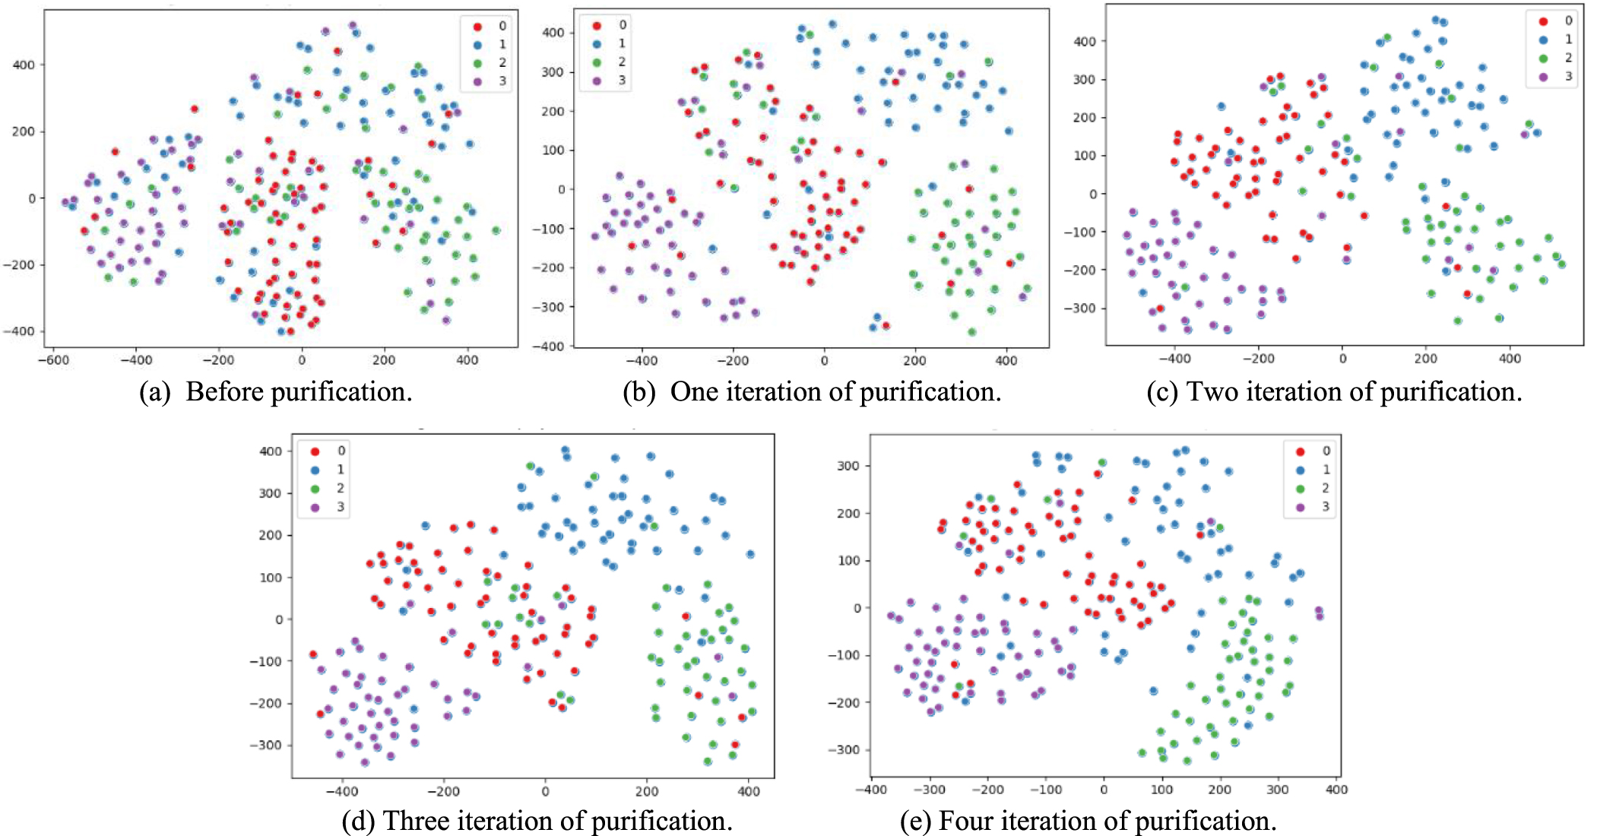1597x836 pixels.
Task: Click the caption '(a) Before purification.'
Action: click(x=276, y=392)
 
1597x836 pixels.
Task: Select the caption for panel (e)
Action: click(x=1088, y=822)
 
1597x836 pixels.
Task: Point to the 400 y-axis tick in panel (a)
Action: click(x=24, y=65)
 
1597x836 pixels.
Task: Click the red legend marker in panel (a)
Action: click(x=477, y=27)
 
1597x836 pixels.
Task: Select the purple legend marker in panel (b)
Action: click(x=597, y=81)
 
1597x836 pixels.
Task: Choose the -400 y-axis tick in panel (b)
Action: click(x=551, y=347)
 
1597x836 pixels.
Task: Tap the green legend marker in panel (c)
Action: click(x=1543, y=59)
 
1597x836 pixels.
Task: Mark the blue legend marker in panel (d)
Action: click(x=315, y=470)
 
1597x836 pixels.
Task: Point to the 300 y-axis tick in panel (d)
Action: click(x=271, y=493)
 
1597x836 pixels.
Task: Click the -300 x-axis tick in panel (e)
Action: click(x=929, y=790)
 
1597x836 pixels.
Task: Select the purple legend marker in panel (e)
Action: click(x=1300, y=507)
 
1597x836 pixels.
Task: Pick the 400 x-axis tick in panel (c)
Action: click(x=1510, y=359)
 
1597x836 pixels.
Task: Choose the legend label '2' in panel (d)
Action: click(x=341, y=488)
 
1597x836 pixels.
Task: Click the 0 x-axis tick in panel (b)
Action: click(x=824, y=360)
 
